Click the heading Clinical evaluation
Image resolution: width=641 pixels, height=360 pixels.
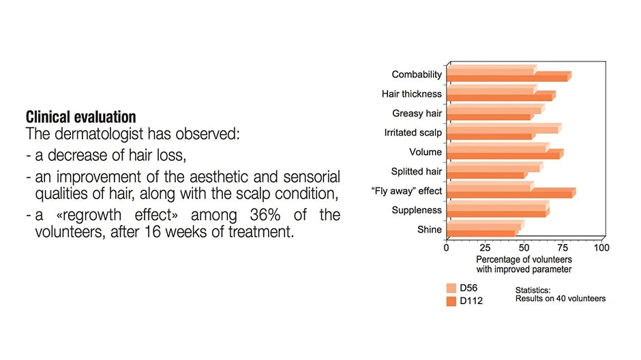click(81, 117)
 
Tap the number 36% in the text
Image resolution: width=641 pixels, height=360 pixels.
click(265, 215)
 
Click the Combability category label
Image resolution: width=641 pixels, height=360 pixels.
click(417, 74)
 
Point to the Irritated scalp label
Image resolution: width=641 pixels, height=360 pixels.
click(413, 132)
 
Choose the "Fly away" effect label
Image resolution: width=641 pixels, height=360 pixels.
click(406, 191)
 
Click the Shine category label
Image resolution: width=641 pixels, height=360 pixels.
click(429, 230)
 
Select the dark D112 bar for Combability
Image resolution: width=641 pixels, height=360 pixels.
click(509, 77)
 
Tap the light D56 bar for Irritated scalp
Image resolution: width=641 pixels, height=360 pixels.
click(504, 128)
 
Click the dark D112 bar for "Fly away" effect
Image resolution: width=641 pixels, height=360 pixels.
click(511, 193)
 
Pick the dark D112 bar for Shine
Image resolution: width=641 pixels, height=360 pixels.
click(482, 232)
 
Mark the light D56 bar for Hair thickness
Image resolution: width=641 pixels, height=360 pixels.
click(492, 89)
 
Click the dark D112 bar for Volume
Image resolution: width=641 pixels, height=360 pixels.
click(505, 155)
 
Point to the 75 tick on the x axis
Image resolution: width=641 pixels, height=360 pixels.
click(563, 247)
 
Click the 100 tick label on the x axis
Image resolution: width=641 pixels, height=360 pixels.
click(601, 247)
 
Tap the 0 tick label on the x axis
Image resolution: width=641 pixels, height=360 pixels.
click(447, 247)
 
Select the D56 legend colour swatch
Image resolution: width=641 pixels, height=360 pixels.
click(451, 288)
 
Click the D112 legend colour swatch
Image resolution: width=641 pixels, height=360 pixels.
click(451, 301)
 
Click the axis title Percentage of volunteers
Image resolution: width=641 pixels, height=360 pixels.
click(524, 260)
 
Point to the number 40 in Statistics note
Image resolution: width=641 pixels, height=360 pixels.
click(561, 299)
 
